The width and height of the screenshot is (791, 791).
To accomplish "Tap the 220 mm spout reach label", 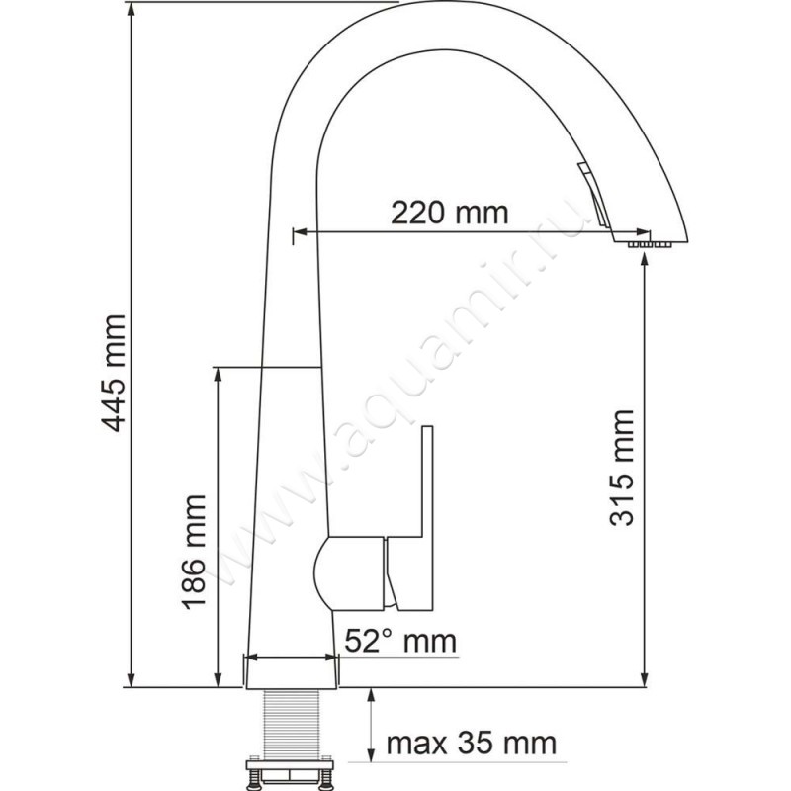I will coord(449,212).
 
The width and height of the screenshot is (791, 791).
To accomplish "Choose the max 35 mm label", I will coord(470,742).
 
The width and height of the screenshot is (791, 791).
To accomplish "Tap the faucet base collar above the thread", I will coord(291,671).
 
